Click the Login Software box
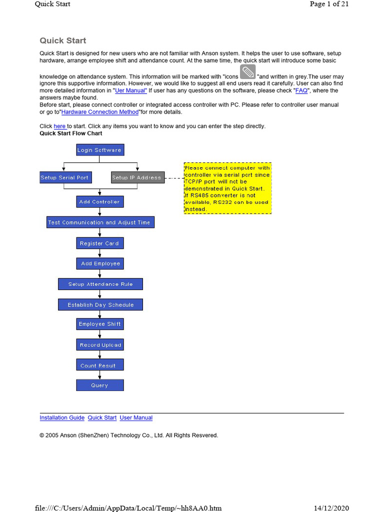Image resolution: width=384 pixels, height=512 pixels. pos(99,149)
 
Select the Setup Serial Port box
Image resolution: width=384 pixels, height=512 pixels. pos(64,177)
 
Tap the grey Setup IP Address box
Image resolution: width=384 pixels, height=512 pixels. pos(136,177)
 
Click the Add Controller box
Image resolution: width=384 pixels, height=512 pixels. pos(99,201)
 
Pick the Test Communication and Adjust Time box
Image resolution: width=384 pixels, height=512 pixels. pos(99,222)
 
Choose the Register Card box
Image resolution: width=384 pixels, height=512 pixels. pos(99,243)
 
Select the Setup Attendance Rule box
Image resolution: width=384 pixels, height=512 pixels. pos(100,284)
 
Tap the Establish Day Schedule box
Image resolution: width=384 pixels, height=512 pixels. pos(100,304)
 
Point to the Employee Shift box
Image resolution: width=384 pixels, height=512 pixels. pos(99,324)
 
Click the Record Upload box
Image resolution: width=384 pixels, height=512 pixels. pos(100,345)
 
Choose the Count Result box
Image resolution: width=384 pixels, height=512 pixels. pos(99,365)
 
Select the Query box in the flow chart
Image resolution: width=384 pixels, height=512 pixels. pos(99,385)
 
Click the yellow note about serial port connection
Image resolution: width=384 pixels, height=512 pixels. pos(227,188)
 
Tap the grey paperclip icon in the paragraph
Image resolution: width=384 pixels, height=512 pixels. pos(248,71)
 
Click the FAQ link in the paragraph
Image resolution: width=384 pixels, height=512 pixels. pos(301,91)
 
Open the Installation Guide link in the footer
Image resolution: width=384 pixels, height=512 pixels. pos(62,417)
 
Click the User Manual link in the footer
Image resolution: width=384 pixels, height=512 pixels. pos(136,417)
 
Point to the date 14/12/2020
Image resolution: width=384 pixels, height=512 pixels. pos(331,508)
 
